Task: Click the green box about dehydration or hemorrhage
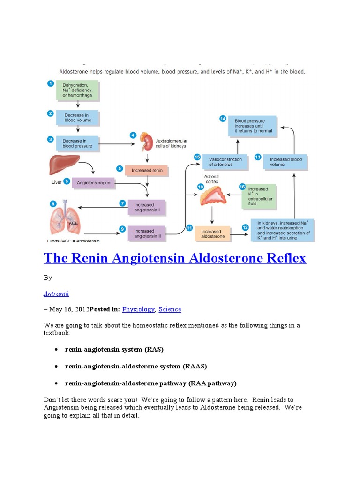coord(77,90)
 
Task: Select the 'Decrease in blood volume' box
coord(77,117)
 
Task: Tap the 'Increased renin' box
coord(147,170)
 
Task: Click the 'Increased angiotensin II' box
coord(147,233)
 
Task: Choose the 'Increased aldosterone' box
coord(213,233)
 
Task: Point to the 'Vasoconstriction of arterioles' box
coord(225,162)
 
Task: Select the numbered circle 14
coord(223,119)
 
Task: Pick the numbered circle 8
coord(53,203)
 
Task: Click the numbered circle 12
coord(245,227)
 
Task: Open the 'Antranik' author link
coord(56,293)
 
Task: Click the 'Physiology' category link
coord(138,309)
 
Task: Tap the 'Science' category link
coord(170,309)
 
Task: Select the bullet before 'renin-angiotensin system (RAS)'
coord(56,350)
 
